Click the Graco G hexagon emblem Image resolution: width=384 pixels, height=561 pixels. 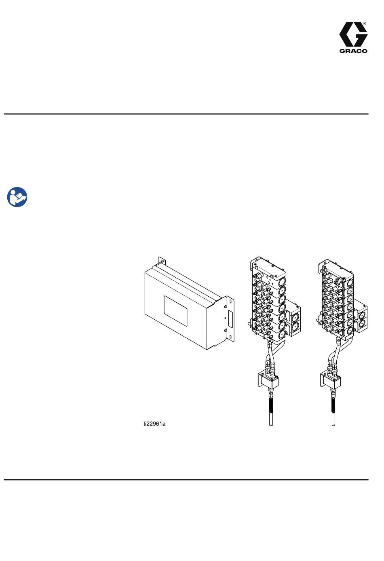[353, 34]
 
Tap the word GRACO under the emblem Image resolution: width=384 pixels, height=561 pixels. [353, 51]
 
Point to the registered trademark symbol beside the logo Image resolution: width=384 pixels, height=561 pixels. [365, 23]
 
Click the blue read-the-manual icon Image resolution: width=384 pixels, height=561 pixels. [17, 197]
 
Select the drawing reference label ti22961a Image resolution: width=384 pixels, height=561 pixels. [154, 424]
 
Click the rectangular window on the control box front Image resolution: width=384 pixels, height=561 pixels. [175, 311]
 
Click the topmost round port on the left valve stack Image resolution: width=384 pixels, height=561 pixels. [282, 281]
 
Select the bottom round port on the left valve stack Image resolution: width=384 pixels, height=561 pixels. [282, 333]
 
